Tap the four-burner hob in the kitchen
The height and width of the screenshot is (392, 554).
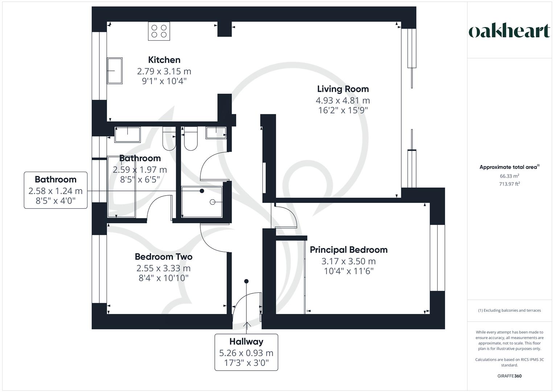tap(159, 31)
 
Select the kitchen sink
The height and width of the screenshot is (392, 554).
tap(115, 71)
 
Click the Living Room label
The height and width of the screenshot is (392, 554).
tap(343, 89)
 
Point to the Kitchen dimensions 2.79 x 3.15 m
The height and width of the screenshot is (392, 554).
tap(164, 71)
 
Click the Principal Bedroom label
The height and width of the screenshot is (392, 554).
tap(349, 250)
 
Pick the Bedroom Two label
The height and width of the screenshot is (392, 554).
tap(164, 257)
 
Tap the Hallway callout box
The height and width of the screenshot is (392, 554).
tap(246, 352)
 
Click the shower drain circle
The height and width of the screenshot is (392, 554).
tap(212, 202)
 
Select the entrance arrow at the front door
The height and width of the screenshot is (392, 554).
tap(246, 324)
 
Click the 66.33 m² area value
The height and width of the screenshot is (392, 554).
tap(509, 176)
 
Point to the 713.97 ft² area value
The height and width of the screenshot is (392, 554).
tap(509, 184)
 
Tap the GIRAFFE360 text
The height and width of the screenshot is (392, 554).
tap(509, 376)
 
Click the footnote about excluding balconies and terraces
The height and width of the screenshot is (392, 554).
tap(509, 310)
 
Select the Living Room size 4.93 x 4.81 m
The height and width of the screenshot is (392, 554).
tap(343, 101)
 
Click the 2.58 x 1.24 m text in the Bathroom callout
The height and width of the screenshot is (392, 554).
tap(56, 191)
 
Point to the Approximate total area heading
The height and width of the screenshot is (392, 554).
tap(509, 167)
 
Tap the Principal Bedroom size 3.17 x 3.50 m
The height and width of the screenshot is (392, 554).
tap(349, 261)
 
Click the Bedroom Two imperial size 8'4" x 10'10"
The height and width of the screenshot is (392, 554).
tap(164, 278)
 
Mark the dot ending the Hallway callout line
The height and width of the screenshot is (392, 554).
tap(246, 281)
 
